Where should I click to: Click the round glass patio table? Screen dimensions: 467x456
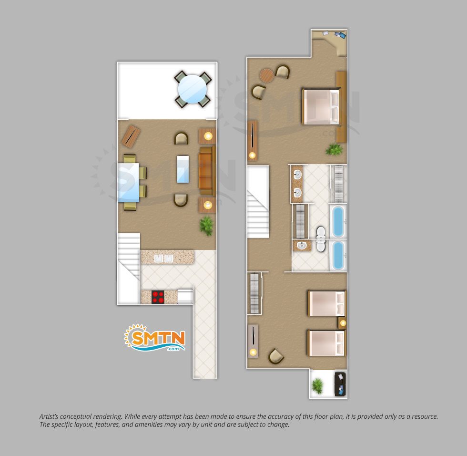pos(193,89)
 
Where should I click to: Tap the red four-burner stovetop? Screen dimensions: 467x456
pos(158,297)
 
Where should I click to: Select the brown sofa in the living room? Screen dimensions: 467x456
pos(207,171)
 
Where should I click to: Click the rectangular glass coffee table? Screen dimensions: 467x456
pos(183,169)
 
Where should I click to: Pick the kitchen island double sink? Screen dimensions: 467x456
pos(163,259)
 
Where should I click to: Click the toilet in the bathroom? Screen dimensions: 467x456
pos(321,238)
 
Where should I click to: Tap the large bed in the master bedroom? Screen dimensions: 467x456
pos(321,106)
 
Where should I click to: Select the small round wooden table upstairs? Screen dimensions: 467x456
pos(266,75)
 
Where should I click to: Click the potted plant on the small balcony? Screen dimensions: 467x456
pos(317,385)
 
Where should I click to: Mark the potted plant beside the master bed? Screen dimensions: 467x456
pos(334,149)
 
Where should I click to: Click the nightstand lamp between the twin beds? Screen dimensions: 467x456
pos(343,323)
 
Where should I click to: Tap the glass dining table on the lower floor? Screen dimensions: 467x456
pos(129,182)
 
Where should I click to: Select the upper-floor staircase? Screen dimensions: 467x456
pos(258,202)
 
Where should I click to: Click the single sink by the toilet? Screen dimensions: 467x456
pos(302,246)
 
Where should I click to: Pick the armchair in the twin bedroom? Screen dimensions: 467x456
pos(275,356)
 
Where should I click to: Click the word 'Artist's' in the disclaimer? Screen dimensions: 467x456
pos(49,417)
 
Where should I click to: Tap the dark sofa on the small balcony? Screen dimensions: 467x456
pos(340,384)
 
